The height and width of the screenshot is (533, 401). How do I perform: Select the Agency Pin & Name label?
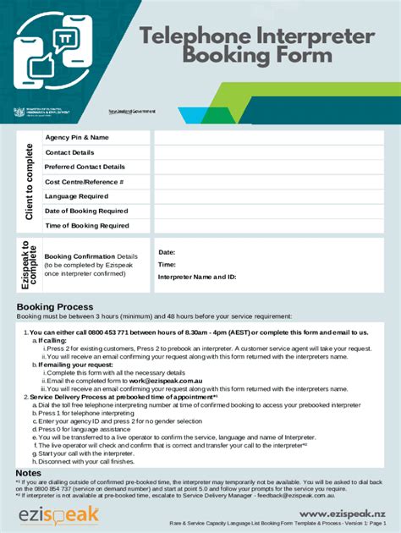(x=77, y=137)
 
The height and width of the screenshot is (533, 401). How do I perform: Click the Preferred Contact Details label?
(x=85, y=167)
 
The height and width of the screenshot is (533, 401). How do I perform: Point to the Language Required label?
(x=76, y=196)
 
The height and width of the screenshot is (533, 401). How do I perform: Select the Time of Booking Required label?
(x=86, y=226)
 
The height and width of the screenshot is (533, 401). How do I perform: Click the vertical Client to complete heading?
(x=30, y=181)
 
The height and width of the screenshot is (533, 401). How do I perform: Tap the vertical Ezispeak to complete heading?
(x=30, y=265)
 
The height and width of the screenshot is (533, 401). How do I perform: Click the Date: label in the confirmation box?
(x=167, y=252)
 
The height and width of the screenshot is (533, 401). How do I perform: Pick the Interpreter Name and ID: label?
(x=196, y=277)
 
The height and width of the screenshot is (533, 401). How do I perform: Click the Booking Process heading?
(x=55, y=306)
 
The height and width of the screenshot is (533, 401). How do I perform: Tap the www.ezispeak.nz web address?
(x=340, y=514)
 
